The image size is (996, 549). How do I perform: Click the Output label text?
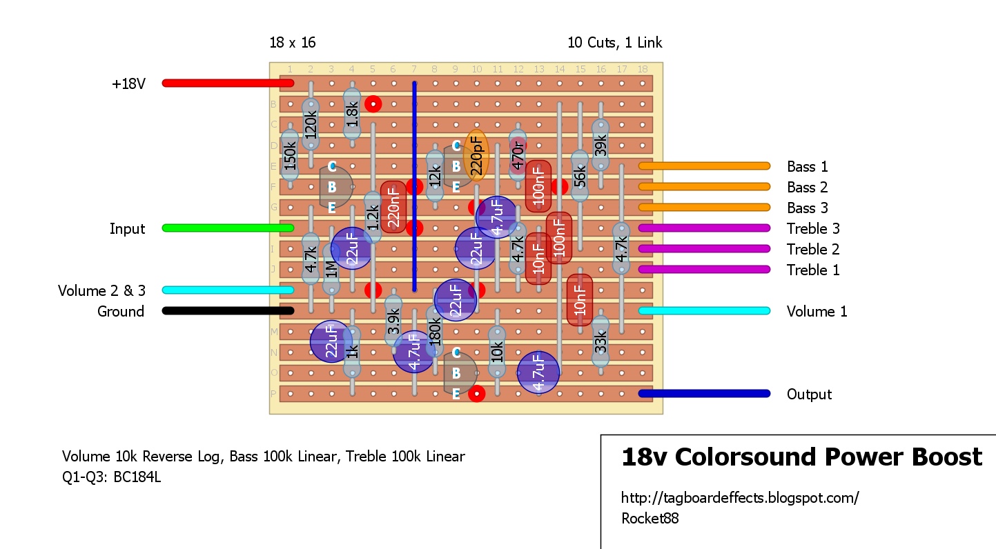[x=809, y=395]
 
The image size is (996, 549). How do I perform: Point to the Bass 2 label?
[x=807, y=188]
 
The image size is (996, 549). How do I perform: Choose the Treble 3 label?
[x=813, y=229]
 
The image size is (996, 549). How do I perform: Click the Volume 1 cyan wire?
[x=704, y=311]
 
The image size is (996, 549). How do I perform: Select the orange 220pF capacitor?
[x=477, y=155]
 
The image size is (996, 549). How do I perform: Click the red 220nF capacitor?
[x=393, y=207]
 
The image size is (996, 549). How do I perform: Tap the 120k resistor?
[x=311, y=125]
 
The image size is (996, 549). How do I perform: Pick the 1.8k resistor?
[x=352, y=114]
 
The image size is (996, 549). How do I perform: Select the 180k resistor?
[x=435, y=332]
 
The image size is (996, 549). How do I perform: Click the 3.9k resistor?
[x=393, y=321]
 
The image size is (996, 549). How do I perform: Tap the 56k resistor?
[x=580, y=177]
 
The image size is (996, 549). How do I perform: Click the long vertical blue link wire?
[x=414, y=186]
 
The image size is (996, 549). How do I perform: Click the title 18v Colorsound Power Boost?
[x=801, y=457]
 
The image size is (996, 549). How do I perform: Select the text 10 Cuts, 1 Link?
[x=614, y=43]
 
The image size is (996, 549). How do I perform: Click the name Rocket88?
[x=650, y=519]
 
